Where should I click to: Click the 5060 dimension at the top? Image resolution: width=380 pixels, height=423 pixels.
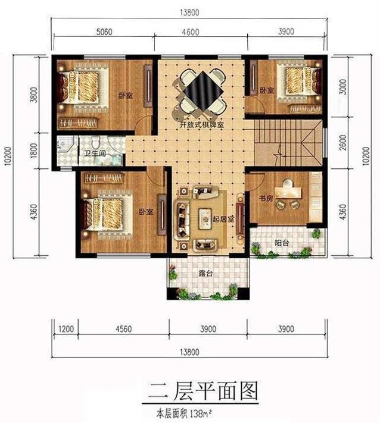104,32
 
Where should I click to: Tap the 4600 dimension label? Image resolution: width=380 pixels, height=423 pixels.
191,32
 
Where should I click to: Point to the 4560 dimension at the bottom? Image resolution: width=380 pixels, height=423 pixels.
124,329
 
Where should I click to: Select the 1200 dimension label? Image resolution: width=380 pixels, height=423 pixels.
66,329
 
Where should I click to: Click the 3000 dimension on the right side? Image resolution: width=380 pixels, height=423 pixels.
342,86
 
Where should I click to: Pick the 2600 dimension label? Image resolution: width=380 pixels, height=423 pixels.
342,143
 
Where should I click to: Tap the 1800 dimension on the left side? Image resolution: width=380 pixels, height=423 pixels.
34,151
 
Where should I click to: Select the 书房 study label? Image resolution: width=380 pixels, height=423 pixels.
266,199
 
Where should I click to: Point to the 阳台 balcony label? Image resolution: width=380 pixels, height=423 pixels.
282,243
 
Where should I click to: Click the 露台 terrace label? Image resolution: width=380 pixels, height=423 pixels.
206,274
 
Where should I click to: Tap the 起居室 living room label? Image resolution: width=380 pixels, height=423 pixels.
223,219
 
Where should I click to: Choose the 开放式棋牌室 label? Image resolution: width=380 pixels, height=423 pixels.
202,125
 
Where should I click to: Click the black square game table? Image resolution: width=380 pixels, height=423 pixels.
203,92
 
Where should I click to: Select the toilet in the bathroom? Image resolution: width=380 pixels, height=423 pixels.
95,143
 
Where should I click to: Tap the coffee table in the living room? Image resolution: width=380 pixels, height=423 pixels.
204,218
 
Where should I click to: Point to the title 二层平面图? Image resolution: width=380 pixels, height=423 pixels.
203,391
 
